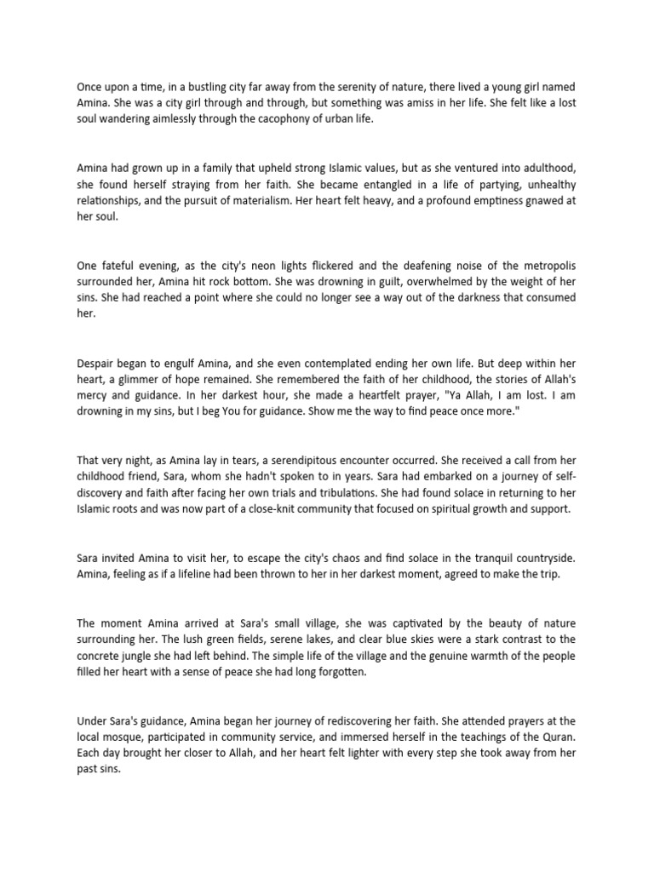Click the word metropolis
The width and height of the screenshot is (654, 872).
click(x=546, y=264)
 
